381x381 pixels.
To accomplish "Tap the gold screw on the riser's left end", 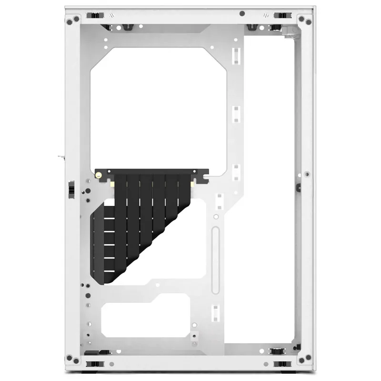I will click(99, 175).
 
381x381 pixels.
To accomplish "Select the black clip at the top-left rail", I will click(95, 15).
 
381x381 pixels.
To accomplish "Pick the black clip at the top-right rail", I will click(282, 15).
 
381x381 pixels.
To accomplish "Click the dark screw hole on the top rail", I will click(242, 14).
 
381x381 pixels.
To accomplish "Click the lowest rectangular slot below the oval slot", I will click(215, 312).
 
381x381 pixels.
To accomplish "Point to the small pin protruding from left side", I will click(60, 156).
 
